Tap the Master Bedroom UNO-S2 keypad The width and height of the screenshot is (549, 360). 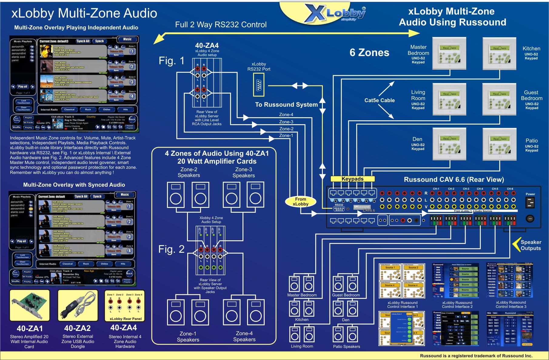[x=449, y=54]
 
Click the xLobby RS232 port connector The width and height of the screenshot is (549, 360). [x=259, y=85]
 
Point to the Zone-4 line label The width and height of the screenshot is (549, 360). [x=286, y=115]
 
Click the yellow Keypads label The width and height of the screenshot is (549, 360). [x=352, y=179]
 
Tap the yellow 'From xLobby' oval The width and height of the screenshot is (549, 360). [x=300, y=202]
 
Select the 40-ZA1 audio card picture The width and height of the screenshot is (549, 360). [x=29, y=305]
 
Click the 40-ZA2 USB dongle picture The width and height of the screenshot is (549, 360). [x=78, y=305]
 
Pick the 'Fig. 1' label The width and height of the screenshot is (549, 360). [x=172, y=61]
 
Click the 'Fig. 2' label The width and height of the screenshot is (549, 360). [x=171, y=249]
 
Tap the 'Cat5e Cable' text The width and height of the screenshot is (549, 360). [x=380, y=100]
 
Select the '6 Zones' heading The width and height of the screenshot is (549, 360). [x=369, y=53]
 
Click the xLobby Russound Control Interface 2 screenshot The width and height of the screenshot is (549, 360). [x=455, y=281]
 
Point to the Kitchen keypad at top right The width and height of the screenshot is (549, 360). [x=499, y=54]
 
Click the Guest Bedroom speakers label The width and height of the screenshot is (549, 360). [x=346, y=295]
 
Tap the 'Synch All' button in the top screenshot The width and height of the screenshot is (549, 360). [x=83, y=41]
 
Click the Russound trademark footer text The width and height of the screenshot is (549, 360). [x=476, y=356]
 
